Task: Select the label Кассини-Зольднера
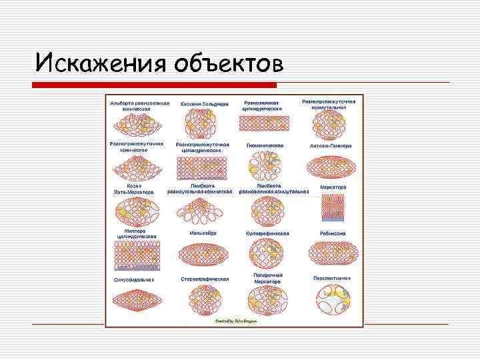pos(205,105)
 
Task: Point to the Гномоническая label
pos(265,146)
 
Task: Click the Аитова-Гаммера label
pos(331,146)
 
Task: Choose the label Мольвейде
pos(203,233)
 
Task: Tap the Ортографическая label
pos(267,233)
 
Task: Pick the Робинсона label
pos(333,233)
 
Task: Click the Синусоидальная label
pos(133,279)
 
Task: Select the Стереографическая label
pos(205,279)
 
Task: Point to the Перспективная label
pos(332,277)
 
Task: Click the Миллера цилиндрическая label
pos(137,233)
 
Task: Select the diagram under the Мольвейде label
pos(204,254)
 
